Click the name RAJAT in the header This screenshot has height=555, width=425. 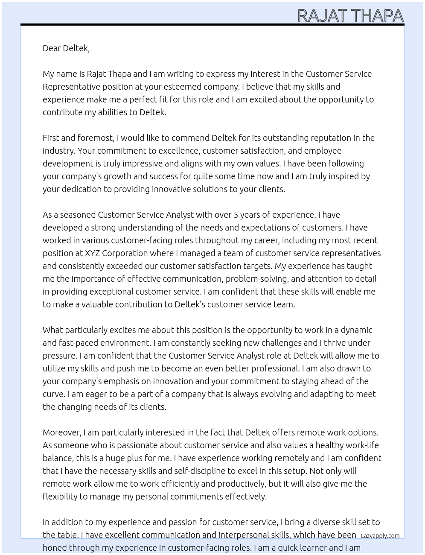[x=322, y=16]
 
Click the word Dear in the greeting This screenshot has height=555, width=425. [x=52, y=48]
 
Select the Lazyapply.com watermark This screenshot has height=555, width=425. [x=380, y=536]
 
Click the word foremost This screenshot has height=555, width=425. [x=96, y=138]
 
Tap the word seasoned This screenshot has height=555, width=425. [x=78, y=215]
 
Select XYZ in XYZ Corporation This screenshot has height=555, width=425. [x=92, y=253]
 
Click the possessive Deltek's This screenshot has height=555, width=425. [x=190, y=304]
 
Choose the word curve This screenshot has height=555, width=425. [x=53, y=394]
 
